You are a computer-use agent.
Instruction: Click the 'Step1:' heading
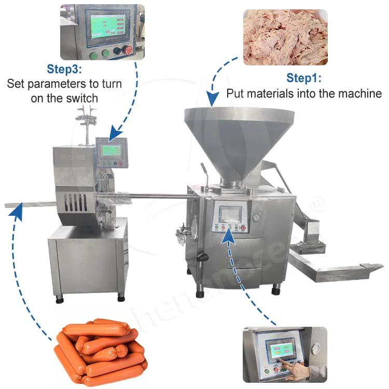pyautogui.click(x=304, y=78)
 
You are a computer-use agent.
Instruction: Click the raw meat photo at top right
pyautogui.click(x=285, y=37)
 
